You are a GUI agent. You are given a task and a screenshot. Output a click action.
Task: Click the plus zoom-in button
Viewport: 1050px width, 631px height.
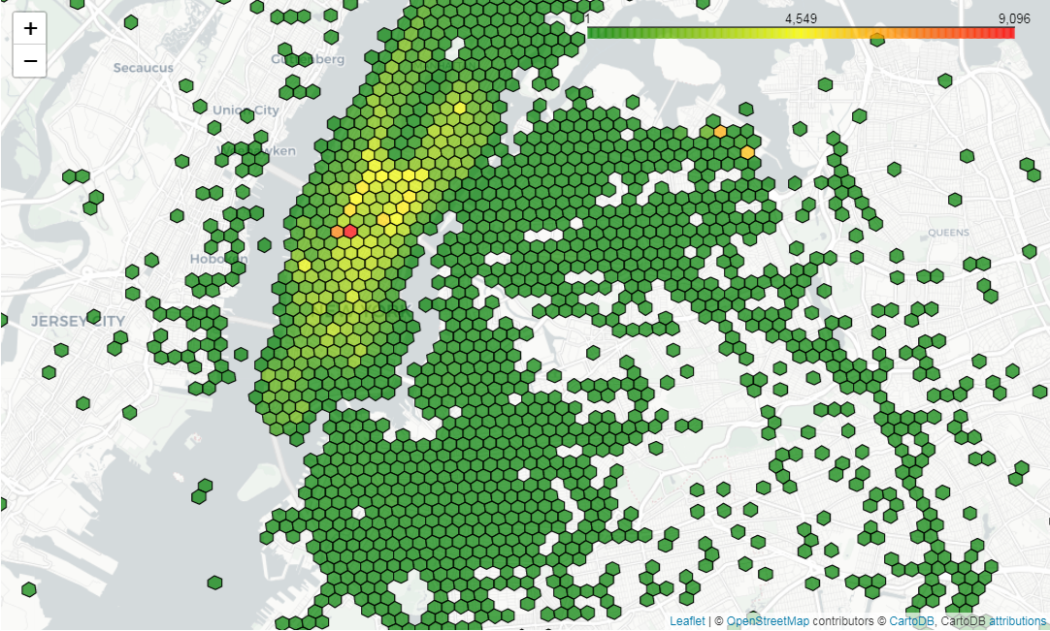pyautogui.click(x=30, y=28)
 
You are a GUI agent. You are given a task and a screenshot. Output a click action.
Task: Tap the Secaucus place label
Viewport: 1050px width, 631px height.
pyautogui.click(x=143, y=68)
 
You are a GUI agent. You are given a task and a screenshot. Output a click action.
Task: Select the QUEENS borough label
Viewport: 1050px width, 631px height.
pyautogui.click(x=948, y=233)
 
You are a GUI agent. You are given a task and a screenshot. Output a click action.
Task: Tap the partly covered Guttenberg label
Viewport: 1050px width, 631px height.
pyautogui.click(x=309, y=59)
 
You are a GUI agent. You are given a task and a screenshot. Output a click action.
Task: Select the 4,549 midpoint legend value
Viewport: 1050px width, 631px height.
pyautogui.click(x=803, y=18)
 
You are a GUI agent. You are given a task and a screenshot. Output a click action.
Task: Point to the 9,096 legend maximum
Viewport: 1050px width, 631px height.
pyautogui.click(x=1013, y=18)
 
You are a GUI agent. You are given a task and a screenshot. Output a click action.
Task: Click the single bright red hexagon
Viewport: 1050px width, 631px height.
pyautogui.click(x=350, y=231)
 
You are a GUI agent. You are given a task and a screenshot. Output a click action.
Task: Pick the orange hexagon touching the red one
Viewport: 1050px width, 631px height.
pyautogui.click(x=337, y=232)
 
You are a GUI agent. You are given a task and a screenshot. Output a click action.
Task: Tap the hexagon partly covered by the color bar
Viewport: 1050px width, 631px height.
pyautogui.click(x=877, y=39)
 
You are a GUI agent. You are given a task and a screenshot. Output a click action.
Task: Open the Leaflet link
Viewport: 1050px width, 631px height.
pyautogui.click(x=687, y=621)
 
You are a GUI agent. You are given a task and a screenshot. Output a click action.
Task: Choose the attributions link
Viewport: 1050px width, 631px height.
pyautogui.click(x=1017, y=621)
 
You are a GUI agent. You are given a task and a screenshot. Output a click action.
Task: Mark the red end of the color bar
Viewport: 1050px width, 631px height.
pyautogui.click(x=1009, y=33)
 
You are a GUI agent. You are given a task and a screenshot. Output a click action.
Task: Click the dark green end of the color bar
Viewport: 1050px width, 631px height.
pyautogui.click(x=592, y=33)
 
